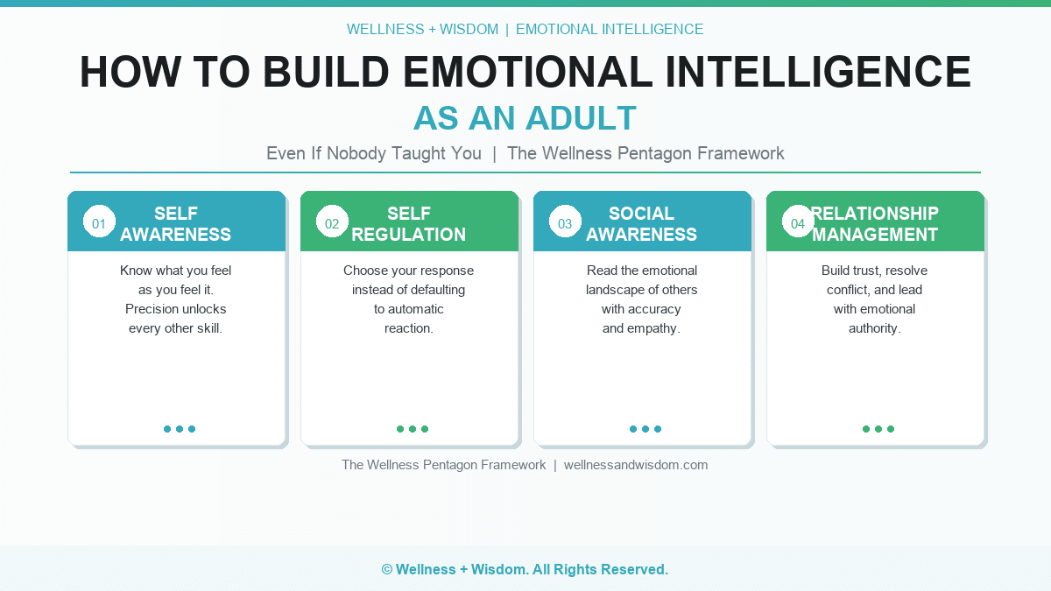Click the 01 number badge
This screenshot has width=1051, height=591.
click(99, 222)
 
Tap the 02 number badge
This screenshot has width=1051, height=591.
click(332, 222)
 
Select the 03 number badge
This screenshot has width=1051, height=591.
click(565, 222)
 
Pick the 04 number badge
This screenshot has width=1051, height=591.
click(798, 222)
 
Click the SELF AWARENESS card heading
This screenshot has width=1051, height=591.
click(176, 224)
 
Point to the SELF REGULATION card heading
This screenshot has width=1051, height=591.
click(409, 224)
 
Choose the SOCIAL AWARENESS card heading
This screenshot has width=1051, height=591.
click(642, 224)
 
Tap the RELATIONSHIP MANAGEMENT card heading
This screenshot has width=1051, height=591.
click(875, 224)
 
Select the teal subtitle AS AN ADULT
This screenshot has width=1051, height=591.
click(525, 118)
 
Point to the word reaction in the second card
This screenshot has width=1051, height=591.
click(409, 328)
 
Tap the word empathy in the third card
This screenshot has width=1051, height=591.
click(652, 328)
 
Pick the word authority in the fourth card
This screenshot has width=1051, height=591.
click(874, 328)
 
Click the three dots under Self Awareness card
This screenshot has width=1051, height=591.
click(180, 429)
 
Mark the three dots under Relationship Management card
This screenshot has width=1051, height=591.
click(878, 429)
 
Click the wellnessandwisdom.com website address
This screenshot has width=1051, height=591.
click(636, 465)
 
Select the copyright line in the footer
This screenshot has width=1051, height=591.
click(525, 569)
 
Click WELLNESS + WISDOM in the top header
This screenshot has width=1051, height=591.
click(422, 29)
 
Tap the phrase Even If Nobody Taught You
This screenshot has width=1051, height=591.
click(374, 153)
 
